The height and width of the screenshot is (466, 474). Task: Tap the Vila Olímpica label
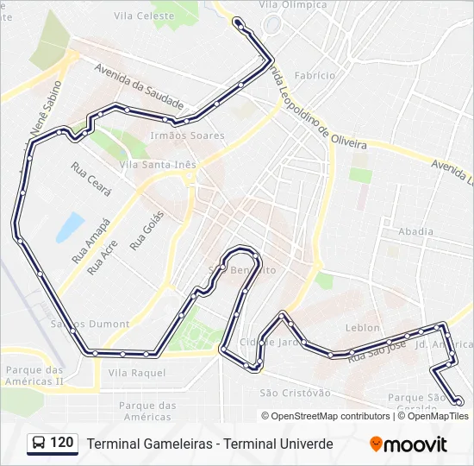click(x=298, y=5)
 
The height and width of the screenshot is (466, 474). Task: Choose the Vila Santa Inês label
click(x=159, y=165)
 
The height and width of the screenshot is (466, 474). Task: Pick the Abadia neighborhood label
click(x=416, y=231)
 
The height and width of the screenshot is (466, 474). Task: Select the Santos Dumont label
click(x=90, y=324)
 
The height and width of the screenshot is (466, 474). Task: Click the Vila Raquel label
click(x=137, y=372)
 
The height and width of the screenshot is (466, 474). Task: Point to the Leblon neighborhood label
click(x=362, y=328)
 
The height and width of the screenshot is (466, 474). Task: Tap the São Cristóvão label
click(x=295, y=393)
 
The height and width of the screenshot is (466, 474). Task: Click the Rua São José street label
click(x=376, y=349)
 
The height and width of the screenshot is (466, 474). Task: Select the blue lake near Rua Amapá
click(x=70, y=227)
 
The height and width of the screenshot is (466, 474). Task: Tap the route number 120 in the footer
click(x=61, y=444)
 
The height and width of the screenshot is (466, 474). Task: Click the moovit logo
click(x=409, y=444)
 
